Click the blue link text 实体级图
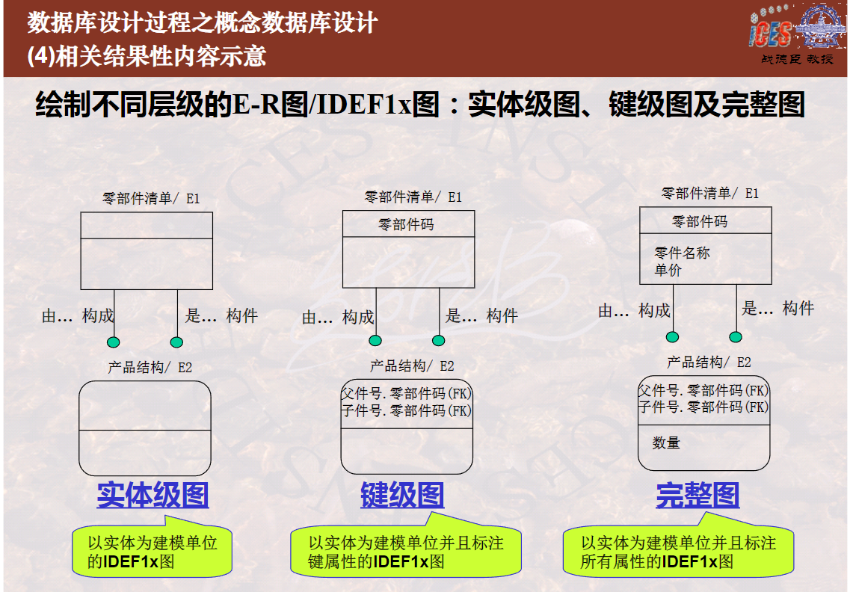[x=153, y=495]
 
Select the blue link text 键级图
[x=402, y=495]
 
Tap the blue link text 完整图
[x=698, y=495]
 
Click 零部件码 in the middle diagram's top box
[x=406, y=224]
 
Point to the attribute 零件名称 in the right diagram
[x=683, y=253]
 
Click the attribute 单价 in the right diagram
[x=668, y=270]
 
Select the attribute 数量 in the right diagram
[x=666, y=443]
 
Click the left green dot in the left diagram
[x=113, y=342]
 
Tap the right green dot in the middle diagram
[x=439, y=341]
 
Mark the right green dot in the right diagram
[x=736, y=337]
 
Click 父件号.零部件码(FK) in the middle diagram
[x=407, y=393]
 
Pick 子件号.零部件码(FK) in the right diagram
[x=703, y=407]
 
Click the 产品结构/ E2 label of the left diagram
[x=150, y=367]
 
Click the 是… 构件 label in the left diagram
[x=221, y=315]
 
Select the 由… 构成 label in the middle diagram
[x=339, y=317]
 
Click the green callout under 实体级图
[x=153, y=549]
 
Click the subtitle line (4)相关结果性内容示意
[x=147, y=56]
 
